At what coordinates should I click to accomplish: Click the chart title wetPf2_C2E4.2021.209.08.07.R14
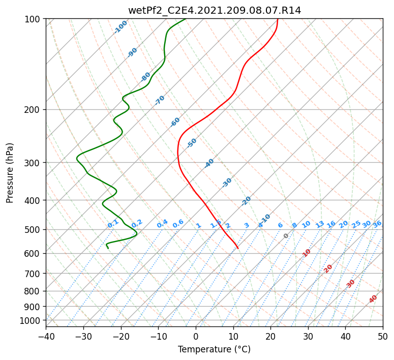(215, 11)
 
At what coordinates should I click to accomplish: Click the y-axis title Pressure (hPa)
(10, 173)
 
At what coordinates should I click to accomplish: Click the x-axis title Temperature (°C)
(215, 349)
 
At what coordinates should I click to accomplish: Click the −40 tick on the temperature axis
(46, 336)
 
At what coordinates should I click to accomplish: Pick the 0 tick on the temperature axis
(196, 336)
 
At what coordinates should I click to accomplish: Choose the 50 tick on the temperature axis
(383, 336)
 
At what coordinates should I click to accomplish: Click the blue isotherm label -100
(120, 27)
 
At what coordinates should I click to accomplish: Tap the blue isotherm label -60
(175, 122)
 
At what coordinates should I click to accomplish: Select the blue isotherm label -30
(227, 183)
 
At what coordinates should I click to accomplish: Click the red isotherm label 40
(373, 299)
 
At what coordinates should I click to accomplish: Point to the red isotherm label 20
(328, 269)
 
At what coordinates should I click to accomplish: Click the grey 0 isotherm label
(286, 236)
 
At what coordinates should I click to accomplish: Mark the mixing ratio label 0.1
(113, 224)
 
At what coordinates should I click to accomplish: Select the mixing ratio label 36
(377, 224)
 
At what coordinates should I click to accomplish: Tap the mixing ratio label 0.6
(178, 224)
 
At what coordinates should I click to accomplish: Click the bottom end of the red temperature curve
(238, 248)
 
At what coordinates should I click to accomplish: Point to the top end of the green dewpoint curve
(186, 19)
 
